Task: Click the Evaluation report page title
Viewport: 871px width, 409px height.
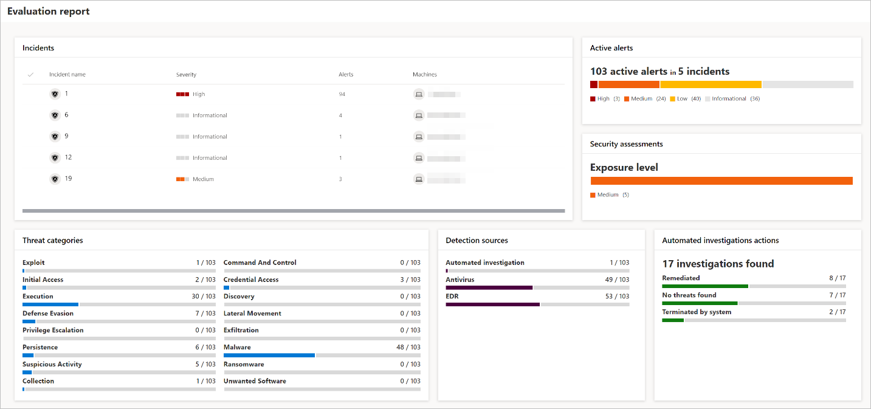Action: (49, 12)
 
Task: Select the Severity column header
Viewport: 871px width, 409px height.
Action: (186, 75)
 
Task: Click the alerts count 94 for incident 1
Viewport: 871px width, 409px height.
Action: (342, 94)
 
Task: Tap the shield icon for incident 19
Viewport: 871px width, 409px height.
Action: (55, 179)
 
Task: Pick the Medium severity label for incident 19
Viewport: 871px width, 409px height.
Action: (203, 179)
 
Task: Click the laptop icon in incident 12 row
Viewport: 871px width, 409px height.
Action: (418, 158)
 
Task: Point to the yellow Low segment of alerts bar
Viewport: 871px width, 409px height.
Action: (710, 84)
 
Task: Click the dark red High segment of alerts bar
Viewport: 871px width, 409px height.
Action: (594, 84)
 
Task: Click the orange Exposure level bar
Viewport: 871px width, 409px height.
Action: (721, 180)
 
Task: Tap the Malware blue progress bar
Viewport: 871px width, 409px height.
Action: (269, 355)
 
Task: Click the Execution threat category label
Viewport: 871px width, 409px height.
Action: (38, 297)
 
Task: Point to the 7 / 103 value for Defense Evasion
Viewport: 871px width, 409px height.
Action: (205, 314)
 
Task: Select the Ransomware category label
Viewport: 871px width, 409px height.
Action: (244, 365)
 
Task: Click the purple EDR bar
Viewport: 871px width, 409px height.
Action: (492, 304)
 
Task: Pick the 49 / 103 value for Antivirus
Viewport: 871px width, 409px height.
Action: (617, 280)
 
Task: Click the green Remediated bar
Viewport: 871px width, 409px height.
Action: (704, 286)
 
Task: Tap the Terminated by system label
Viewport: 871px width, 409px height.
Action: (697, 312)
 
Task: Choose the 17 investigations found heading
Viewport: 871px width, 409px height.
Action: (718, 264)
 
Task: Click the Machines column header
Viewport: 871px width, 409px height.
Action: (425, 75)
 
